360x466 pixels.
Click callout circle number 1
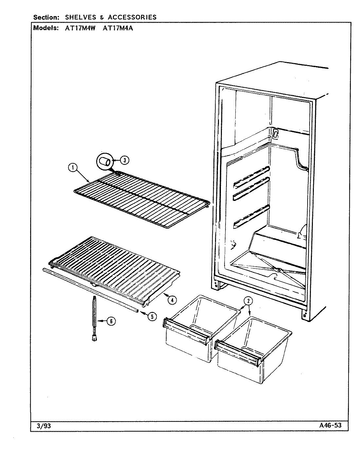[x=73, y=168]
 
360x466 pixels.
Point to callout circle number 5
[x=152, y=316]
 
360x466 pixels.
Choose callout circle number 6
[x=111, y=321]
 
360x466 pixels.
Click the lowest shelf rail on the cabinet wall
[x=251, y=216]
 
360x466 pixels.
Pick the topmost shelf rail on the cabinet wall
[x=251, y=177]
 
